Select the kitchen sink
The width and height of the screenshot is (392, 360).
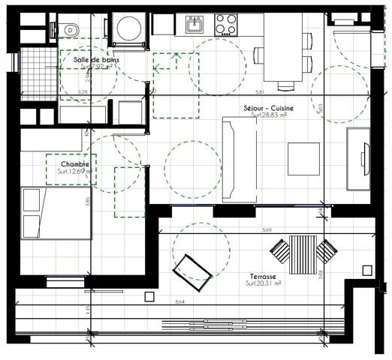point(194,25)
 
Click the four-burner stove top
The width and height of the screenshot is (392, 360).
point(226,25)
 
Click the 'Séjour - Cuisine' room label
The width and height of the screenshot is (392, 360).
point(268,109)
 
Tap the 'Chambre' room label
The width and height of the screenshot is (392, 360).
point(76,163)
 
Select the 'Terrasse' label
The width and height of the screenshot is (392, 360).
point(263,275)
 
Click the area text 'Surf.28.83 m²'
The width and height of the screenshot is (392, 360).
point(268,116)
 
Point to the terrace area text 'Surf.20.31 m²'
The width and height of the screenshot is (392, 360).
point(263,283)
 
